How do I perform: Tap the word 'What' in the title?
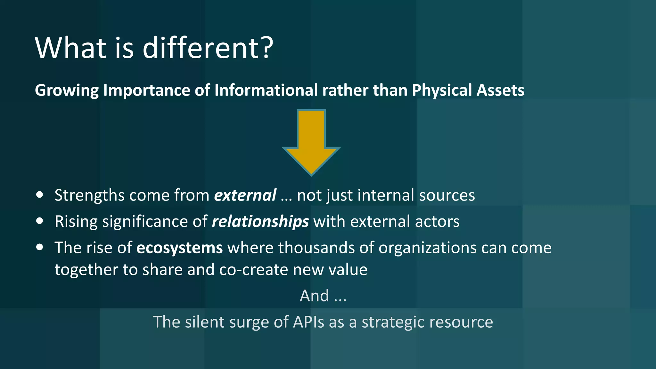tap(70, 48)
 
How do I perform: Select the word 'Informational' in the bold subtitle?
tap(266, 90)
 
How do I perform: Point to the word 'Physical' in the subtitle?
tap(442, 90)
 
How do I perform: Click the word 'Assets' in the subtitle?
tap(500, 90)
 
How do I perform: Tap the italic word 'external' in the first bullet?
tap(245, 195)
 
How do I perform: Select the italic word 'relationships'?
tap(260, 222)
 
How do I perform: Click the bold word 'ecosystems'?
tap(179, 248)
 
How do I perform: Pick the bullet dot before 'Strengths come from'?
tap(40, 194)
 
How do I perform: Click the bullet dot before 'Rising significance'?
tap(40, 221)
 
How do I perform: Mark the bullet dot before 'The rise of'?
tap(40, 247)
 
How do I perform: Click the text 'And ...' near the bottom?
tap(323, 296)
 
